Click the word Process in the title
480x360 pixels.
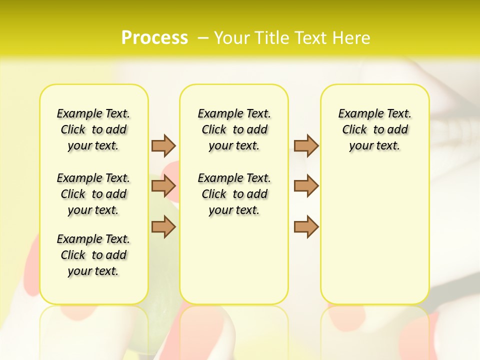point(154,37)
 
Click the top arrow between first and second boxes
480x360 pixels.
point(163,145)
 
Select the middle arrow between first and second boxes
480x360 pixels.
point(163,186)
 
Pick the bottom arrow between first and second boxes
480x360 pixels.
point(163,226)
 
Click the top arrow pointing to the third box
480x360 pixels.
point(306,145)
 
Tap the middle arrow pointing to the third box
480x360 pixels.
point(306,186)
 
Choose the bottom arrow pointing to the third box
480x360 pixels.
point(306,226)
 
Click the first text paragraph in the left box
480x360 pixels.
point(93,129)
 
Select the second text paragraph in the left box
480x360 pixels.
point(93,194)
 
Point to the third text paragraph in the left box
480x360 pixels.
point(93,255)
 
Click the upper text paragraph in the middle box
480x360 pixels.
point(234,129)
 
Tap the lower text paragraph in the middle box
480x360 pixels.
point(234,194)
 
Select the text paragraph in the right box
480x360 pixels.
point(375,129)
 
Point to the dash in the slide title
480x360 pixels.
point(203,37)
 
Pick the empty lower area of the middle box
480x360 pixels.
point(234,260)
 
